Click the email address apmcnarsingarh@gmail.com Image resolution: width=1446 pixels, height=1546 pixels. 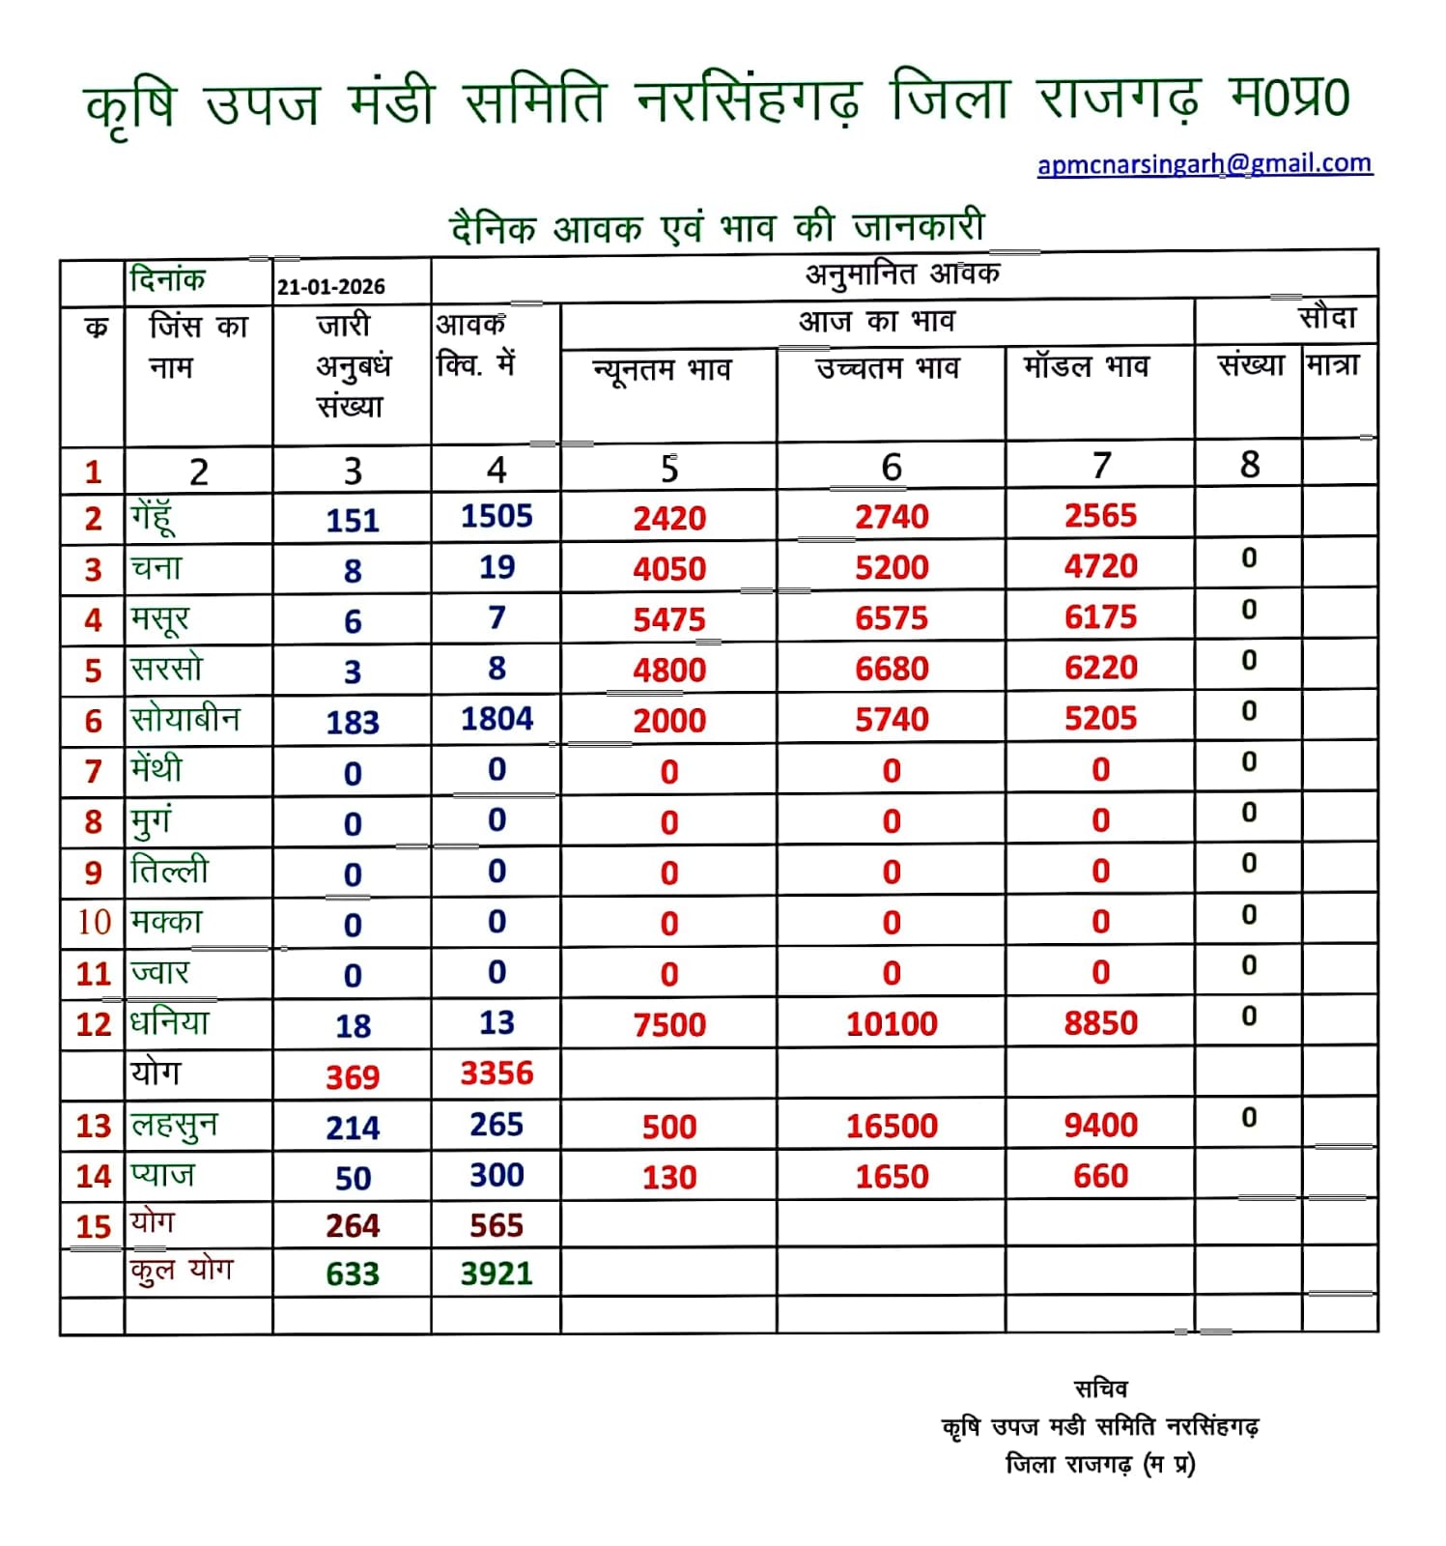point(1205,163)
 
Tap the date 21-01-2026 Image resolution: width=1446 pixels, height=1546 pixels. point(331,287)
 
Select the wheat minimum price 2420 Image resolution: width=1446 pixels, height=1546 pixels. point(669,519)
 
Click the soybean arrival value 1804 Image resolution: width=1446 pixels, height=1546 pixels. point(496,719)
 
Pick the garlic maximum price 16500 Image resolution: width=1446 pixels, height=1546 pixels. point(892,1126)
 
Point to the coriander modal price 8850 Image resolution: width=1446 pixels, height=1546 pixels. point(1100,1023)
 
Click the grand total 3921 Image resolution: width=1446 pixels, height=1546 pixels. point(496,1274)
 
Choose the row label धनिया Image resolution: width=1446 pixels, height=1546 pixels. point(170,1022)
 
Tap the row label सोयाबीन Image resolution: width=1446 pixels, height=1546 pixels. point(185,719)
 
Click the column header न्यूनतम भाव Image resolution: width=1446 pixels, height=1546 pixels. point(662,370)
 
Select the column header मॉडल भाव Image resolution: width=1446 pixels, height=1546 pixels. point(1087,367)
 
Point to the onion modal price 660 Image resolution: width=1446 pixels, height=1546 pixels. point(1100,1176)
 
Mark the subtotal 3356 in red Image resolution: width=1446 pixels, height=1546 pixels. point(496,1074)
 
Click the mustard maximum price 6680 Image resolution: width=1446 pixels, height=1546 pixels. point(892,669)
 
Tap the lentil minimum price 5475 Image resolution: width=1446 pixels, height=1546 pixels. point(669,619)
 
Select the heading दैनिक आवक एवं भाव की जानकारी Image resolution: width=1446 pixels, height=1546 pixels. point(718,228)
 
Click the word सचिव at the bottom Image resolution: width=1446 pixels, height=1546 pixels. point(1100,1389)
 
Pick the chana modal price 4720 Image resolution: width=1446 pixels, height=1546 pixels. point(1100,566)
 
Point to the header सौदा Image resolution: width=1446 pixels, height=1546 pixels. point(1327,318)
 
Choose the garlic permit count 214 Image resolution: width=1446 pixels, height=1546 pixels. point(353,1128)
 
